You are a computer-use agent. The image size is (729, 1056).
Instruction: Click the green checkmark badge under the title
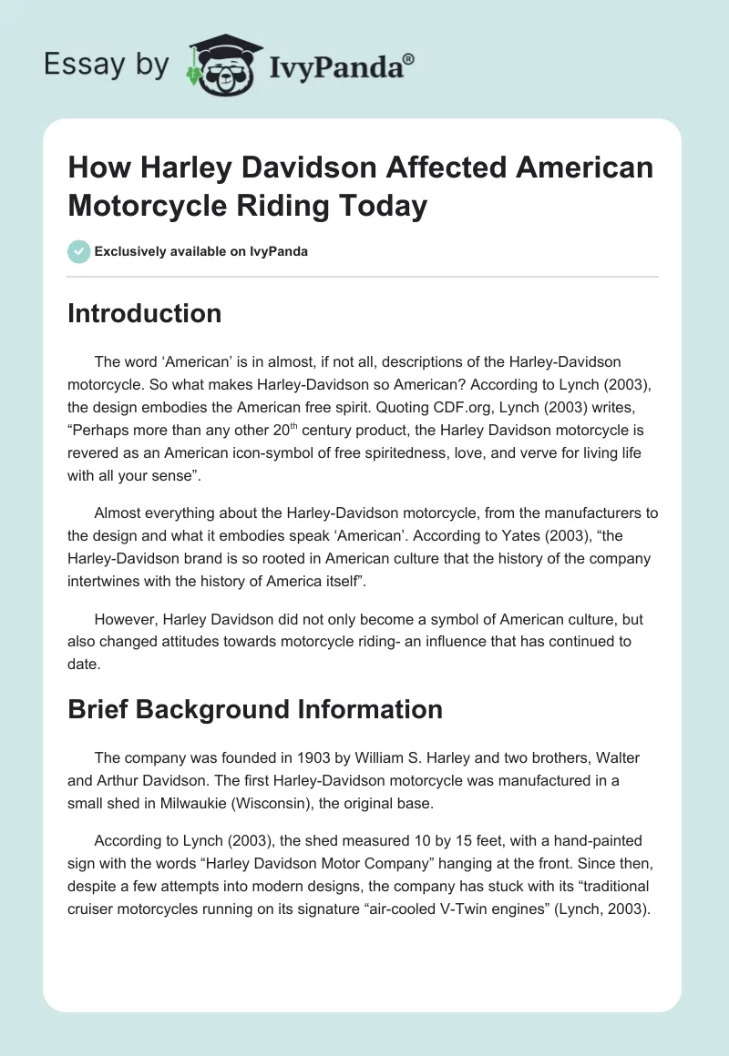(x=79, y=251)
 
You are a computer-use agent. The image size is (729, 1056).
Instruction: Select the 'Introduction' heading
(x=145, y=313)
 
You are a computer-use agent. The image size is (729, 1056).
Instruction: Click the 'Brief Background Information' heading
(x=255, y=708)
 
